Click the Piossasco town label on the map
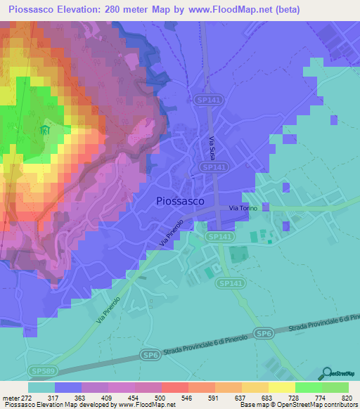pyautogui.click(x=179, y=200)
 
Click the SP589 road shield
pyautogui.click(x=41, y=369)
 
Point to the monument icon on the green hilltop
pyautogui.click(x=46, y=131)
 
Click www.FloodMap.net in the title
pyautogui.click(x=236, y=10)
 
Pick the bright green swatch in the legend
pyautogui.click(x=308, y=387)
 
